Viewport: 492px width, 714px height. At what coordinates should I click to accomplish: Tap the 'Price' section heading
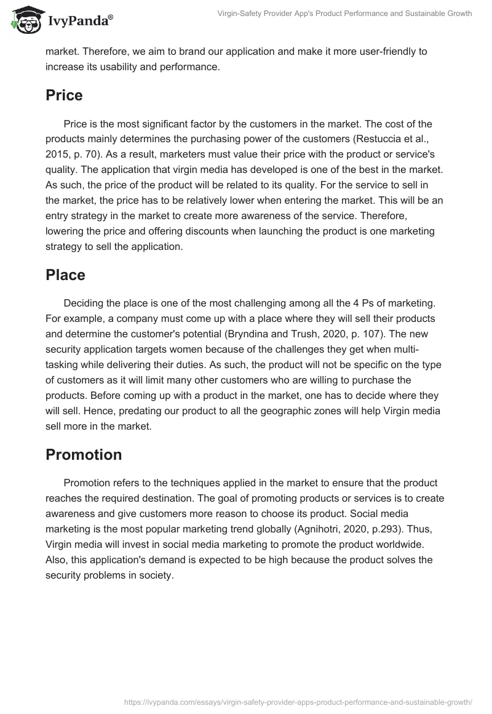[64, 95]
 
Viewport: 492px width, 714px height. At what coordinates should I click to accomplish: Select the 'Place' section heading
[65, 275]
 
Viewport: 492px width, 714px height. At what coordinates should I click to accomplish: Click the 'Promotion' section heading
[84, 455]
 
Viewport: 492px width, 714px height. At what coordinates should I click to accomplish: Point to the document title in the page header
[344, 14]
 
